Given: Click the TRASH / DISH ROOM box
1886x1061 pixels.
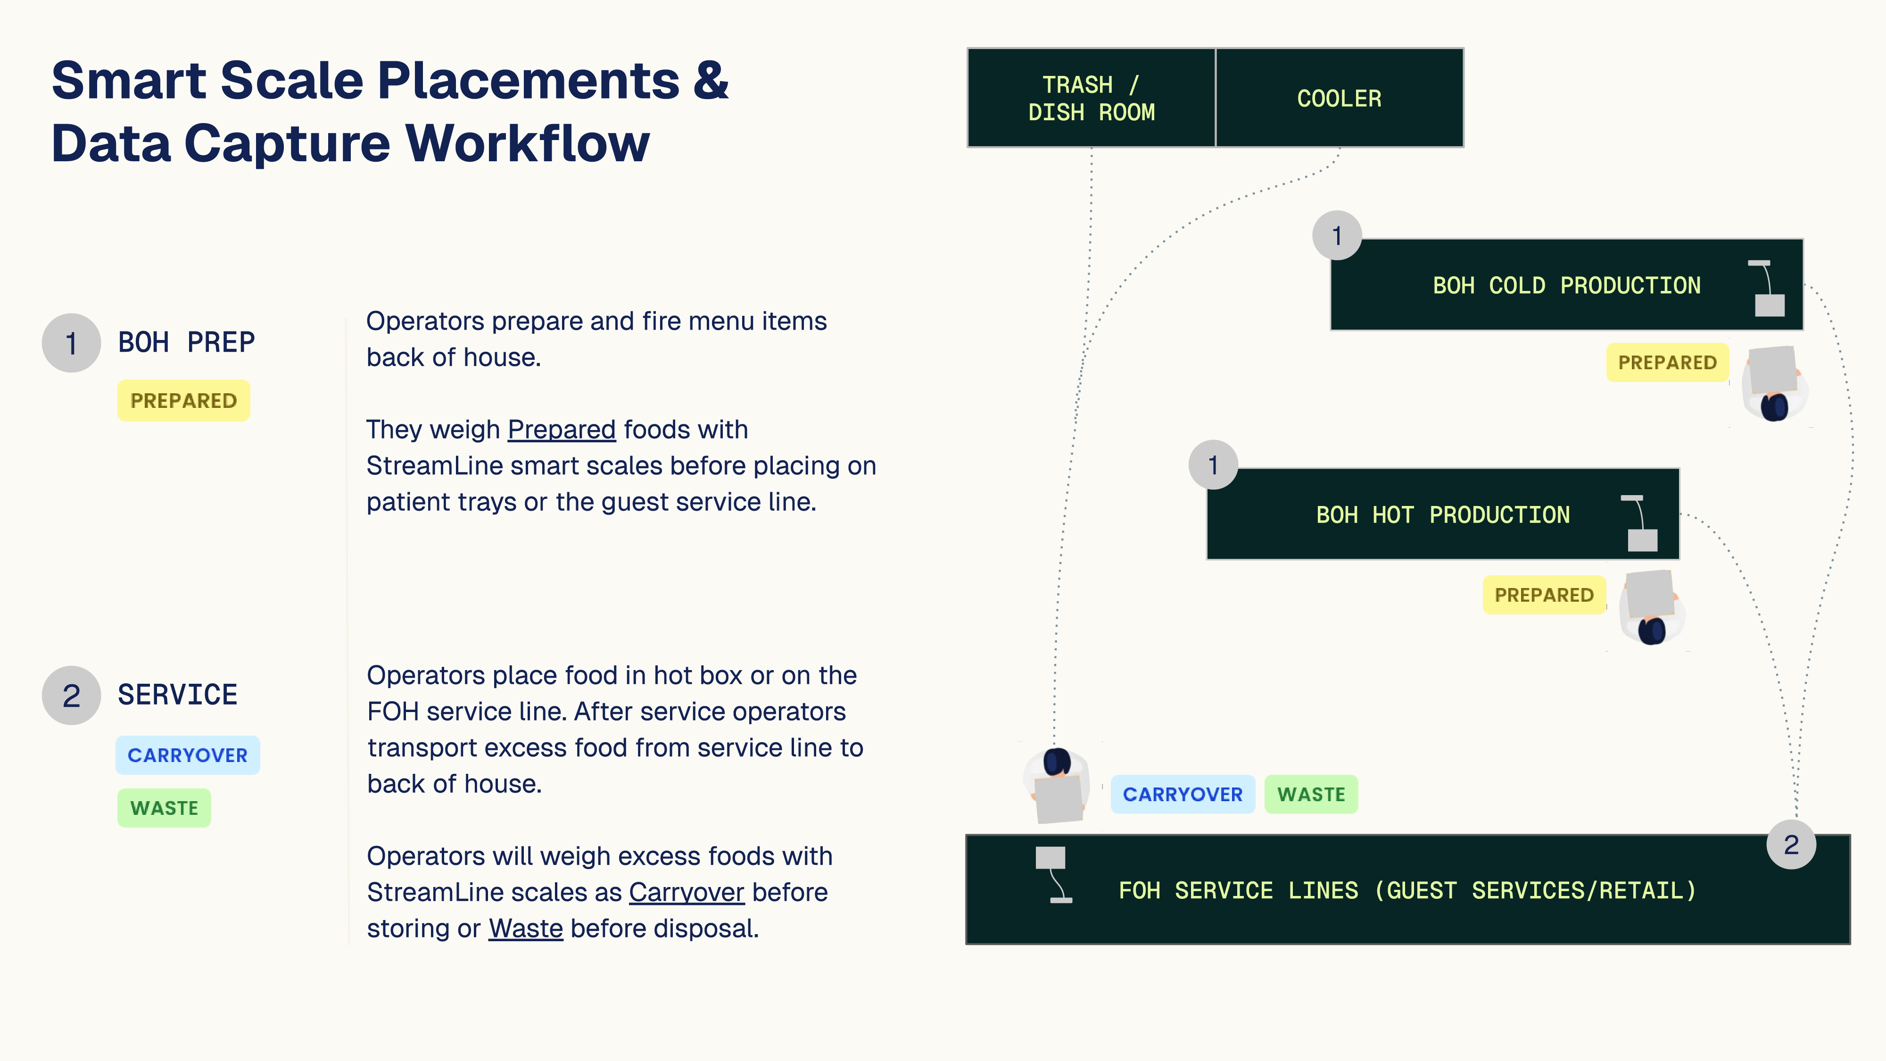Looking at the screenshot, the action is (1091, 98).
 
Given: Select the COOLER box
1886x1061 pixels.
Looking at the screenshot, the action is (1339, 98).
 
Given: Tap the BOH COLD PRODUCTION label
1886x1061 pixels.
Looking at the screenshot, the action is (1566, 286).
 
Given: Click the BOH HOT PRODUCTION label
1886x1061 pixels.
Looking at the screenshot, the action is (1442, 515).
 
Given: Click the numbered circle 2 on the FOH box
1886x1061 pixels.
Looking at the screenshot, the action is (1791, 845).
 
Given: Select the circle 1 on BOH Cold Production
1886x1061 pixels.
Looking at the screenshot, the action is (1337, 236).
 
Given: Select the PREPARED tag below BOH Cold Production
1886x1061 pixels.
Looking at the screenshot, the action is (1667, 363).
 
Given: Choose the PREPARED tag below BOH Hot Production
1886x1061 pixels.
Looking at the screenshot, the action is (1543, 595).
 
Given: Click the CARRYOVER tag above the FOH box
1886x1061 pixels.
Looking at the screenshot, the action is (1183, 795).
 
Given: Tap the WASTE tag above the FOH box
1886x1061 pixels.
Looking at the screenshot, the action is (1311, 795).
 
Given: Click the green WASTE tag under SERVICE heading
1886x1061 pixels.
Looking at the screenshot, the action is (164, 808).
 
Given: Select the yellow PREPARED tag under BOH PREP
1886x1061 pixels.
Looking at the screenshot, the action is (183, 400).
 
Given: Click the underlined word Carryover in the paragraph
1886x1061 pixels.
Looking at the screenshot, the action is (686, 893).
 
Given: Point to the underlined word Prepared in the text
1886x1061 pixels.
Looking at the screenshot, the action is (562, 430).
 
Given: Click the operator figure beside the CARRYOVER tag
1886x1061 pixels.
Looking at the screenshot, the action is (1057, 785).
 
